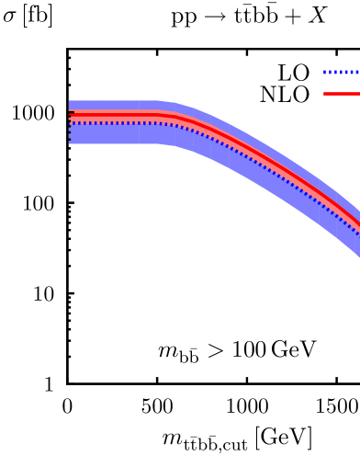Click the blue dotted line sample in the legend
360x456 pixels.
point(341,72)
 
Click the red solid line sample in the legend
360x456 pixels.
point(341,94)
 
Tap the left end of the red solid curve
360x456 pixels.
point(71,115)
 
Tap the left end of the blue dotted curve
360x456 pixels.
point(71,122)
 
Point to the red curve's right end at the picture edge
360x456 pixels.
point(358,224)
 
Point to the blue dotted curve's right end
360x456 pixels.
point(358,234)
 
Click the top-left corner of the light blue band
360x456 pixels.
point(70,101)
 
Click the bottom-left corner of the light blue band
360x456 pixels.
point(70,143)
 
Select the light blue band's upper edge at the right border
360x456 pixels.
point(358,206)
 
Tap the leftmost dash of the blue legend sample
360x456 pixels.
point(325,72)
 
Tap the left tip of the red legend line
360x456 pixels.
point(324,94)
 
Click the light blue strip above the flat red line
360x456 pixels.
point(115,105)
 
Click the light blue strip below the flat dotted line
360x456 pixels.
point(115,134)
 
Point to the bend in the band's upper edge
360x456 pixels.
point(165,102)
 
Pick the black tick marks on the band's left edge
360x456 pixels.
point(70,129)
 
